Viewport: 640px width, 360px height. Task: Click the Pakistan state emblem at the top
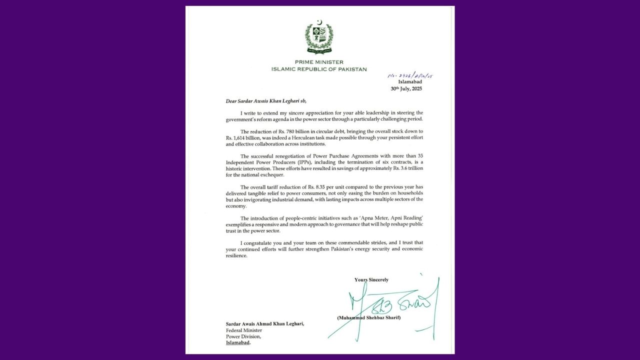tap(319, 36)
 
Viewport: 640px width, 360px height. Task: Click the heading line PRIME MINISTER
tap(319, 62)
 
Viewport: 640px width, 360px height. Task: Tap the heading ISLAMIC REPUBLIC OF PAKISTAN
tap(319, 69)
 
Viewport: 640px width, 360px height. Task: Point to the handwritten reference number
tap(410, 75)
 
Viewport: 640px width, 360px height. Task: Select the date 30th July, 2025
tap(406, 88)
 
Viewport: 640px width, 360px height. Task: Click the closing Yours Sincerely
tap(371, 279)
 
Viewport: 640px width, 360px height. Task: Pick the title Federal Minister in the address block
tap(241, 330)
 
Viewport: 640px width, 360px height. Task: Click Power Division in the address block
tap(239, 336)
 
